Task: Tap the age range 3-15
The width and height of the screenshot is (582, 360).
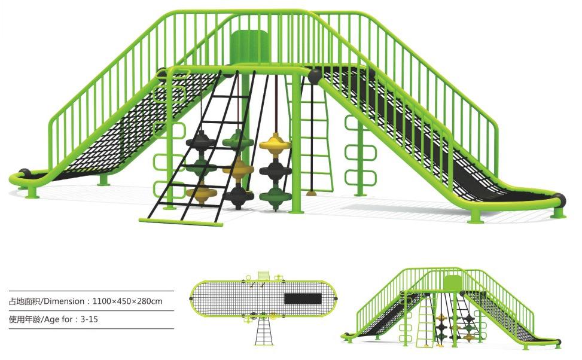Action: click(89, 319)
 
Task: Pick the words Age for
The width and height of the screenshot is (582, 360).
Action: click(60, 319)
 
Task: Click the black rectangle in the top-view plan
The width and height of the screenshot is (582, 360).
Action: click(302, 299)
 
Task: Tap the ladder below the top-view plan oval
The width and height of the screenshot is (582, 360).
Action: click(263, 332)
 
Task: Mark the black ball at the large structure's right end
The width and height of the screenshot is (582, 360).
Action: click(560, 200)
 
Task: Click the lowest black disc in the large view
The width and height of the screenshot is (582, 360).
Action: click(237, 196)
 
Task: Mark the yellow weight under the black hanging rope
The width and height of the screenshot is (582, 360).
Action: click(311, 193)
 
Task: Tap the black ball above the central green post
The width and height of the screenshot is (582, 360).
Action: click(315, 76)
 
